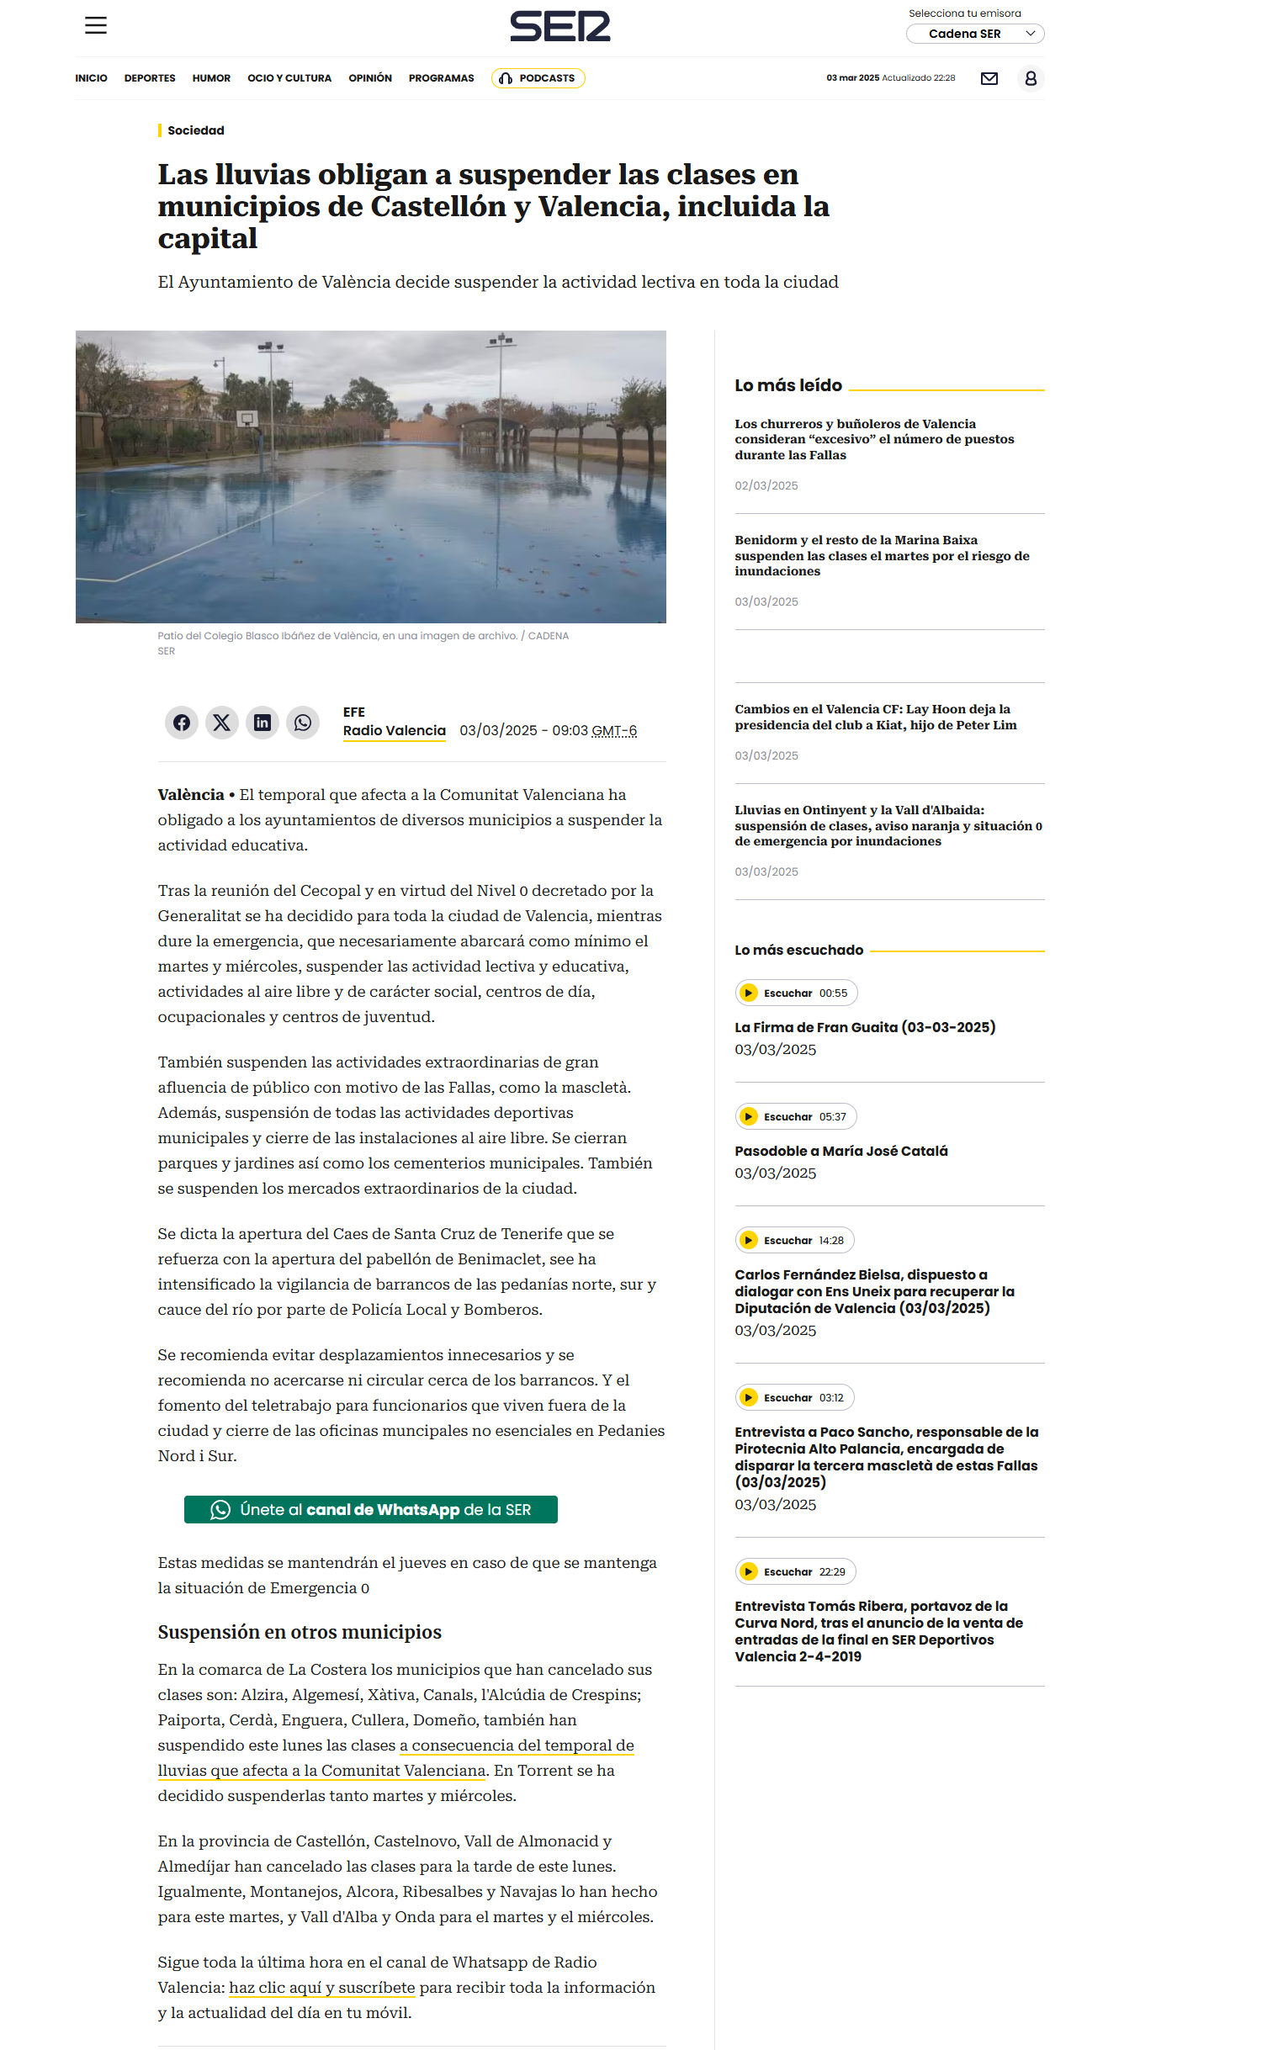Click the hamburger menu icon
coord(96,25)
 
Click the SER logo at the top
coord(559,26)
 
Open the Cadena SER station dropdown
coord(974,34)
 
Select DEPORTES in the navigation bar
coord(150,78)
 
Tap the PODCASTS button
coord(538,78)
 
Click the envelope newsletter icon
coord(989,78)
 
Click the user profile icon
coord(1031,78)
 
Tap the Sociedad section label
coord(195,130)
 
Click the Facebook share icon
coord(182,723)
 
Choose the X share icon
coord(222,723)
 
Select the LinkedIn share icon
coord(262,723)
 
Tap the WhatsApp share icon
coord(303,723)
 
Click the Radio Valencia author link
coord(394,730)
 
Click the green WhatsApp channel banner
coord(370,1509)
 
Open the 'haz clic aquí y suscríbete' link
coord(321,1987)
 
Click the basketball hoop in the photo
coord(247,418)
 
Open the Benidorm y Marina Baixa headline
coord(881,555)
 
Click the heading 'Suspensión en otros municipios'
coord(300,1632)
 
